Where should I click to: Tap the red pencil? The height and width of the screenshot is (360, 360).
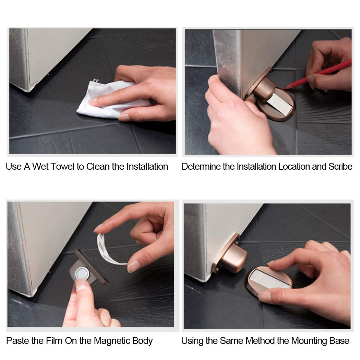pyautogui.click(x=317, y=74)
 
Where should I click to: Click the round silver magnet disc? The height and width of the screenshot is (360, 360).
pyautogui.click(x=82, y=273)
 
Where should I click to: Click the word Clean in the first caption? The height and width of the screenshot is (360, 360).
pyautogui.click(x=98, y=166)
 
